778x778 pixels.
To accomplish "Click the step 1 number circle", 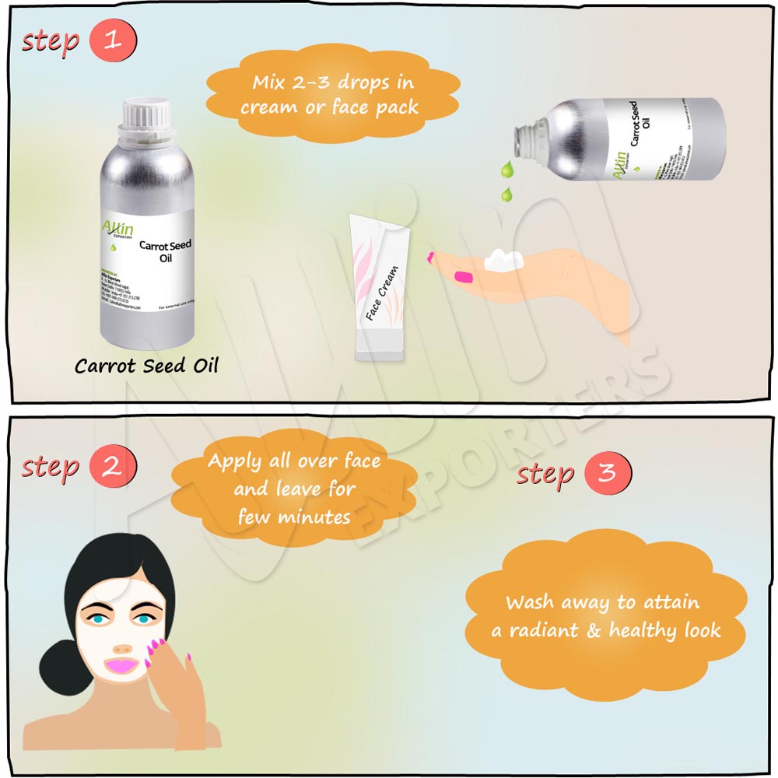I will click(x=113, y=40).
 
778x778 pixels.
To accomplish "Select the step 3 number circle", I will click(x=608, y=473).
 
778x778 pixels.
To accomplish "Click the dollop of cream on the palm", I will click(x=501, y=260).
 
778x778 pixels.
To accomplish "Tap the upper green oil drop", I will click(x=507, y=168).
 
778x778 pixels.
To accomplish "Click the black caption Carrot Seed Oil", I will click(x=146, y=366).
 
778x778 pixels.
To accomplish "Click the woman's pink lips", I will click(x=122, y=666).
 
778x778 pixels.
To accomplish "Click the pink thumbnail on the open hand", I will click(x=464, y=276).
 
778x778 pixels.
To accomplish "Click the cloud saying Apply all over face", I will click(x=294, y=489).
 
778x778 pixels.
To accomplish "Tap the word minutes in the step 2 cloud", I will click(x=315, y=516).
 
